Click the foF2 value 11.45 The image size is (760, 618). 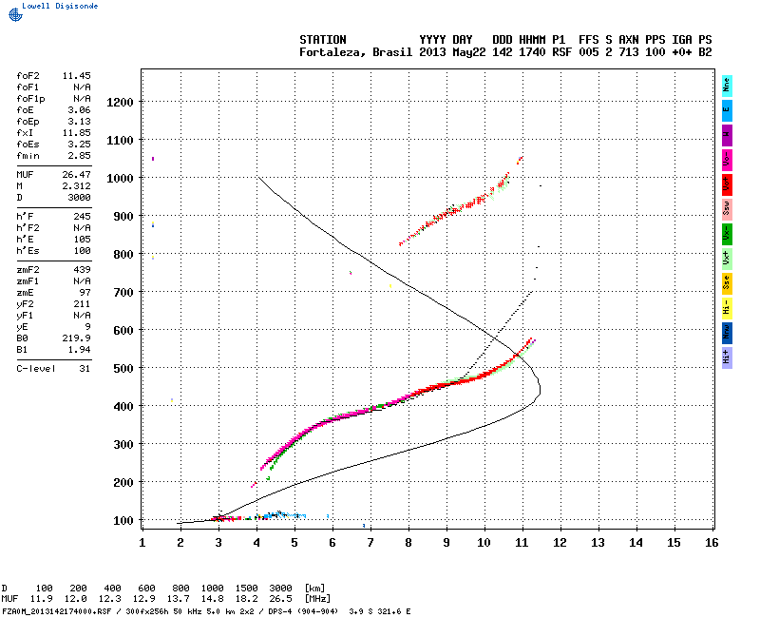[x=76, y=74]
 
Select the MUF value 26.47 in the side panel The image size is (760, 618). [x=76, y=175]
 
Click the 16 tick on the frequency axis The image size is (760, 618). [x=711, y=542]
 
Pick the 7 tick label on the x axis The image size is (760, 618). [x=370, y=542]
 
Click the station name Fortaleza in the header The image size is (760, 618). [x=329, y=52]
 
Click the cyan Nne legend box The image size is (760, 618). [x=727, y=84]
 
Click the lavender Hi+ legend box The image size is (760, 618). [x=727, y=357]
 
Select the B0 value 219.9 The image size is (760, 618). [x=76, y=338]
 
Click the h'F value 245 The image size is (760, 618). [x=82, y=217]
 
